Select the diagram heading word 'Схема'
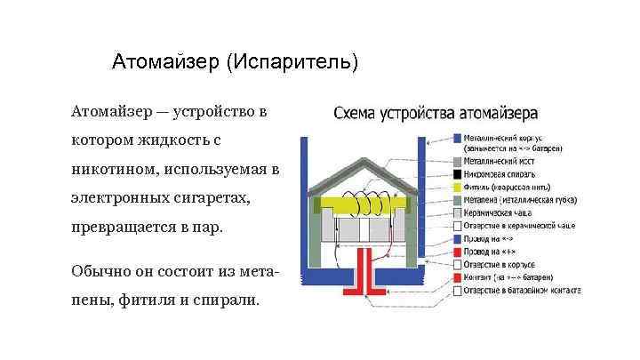[x=355, y=114]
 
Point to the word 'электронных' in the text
[x=121, y=197]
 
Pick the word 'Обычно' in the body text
[x=99, y=269]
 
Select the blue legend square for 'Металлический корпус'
[x=456, y=139]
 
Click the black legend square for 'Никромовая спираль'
[x=456, y=175]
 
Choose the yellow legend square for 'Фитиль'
[x=456, y=188]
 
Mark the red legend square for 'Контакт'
[x=456, y=277]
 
